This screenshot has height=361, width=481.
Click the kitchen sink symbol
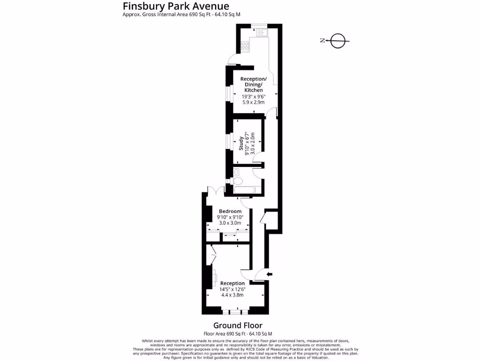coord(261,32)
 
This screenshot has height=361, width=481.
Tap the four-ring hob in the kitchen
coord(245,46)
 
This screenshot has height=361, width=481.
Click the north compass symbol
coord(338,41)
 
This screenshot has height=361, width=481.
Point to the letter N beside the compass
coord(322,41)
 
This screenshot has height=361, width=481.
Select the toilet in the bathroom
coord(237,181)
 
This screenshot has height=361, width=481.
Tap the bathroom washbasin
coord(236,172)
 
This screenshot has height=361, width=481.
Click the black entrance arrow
coord(269,274)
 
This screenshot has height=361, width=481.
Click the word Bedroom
coord(230,211)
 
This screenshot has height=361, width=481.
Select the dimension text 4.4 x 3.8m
coord(233,295)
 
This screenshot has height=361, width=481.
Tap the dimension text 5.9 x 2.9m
coord(253,102)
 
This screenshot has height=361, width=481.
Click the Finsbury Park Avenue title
coord(176,6)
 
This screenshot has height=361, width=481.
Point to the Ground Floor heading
coord(238,325)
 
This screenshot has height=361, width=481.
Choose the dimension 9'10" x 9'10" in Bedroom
coord(230,217)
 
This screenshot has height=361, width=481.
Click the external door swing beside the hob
coord(231,59)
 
